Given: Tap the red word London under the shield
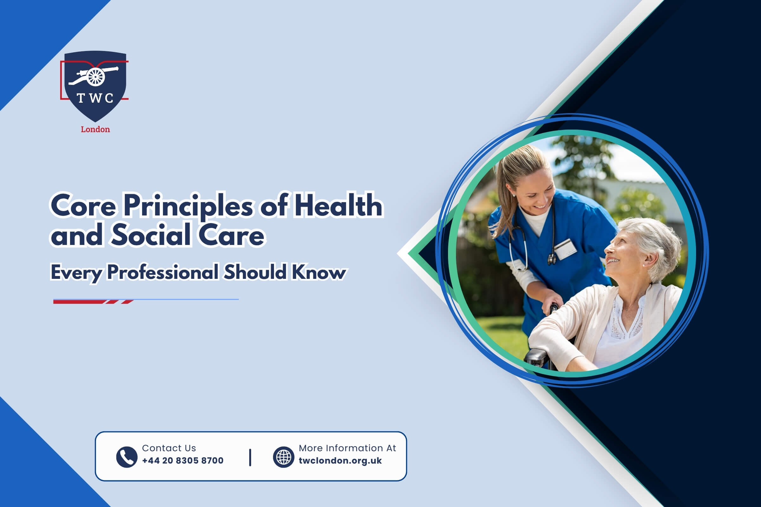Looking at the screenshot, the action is (95, 129).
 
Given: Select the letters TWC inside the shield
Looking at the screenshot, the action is (95, 98).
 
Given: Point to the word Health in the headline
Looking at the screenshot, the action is (338, 205).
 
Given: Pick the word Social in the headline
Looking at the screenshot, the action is (151, 235).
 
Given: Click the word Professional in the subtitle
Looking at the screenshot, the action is (163, 273).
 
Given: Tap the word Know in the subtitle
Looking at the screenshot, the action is (319, 272).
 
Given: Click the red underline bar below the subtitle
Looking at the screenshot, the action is (94, 302).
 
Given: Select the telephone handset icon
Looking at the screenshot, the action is (127, 457).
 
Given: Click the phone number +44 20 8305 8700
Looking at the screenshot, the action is (183, 460).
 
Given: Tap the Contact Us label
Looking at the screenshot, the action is (169, 448).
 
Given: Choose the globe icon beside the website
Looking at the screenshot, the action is (283, 457).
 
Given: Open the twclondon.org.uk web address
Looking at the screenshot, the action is (340, 461).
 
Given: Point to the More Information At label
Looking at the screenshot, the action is (347, 448).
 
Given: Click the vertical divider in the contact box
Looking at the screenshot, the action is (250, 457).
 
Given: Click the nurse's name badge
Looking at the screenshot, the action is (565, 249).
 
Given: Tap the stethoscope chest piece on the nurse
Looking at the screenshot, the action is (551, 259).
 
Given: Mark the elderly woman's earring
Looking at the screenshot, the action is (644, 265).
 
